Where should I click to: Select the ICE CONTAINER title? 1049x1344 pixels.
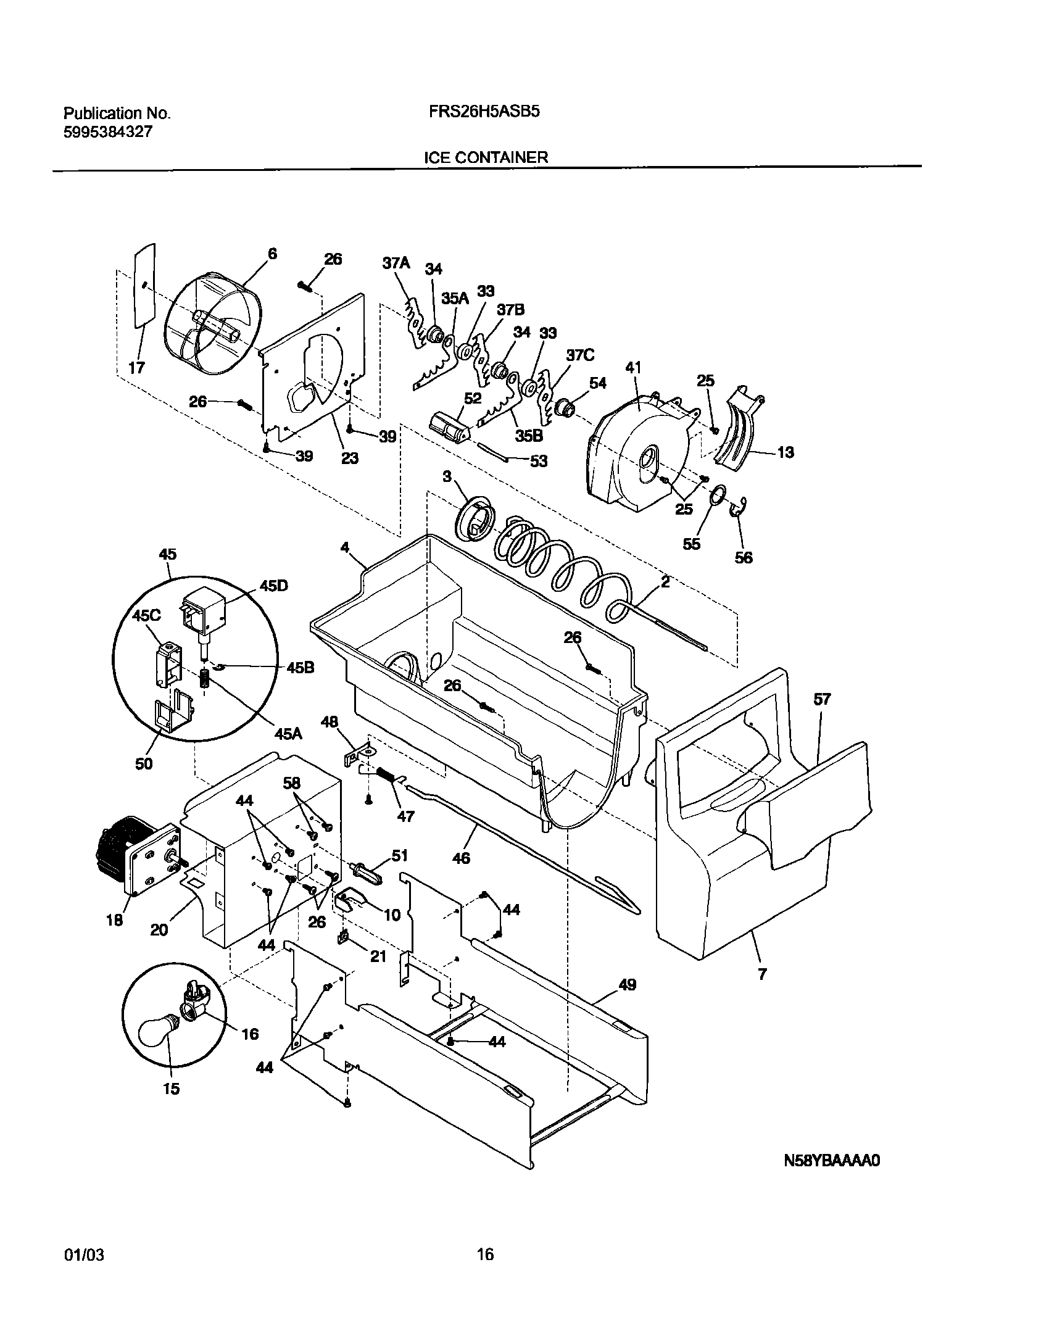pyautogui.click(x=486, y=157)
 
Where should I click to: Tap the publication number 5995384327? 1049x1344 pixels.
pyautogui.click(x=108, y=131)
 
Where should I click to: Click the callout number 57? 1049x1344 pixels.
pyautogui.click(x=822, y=699)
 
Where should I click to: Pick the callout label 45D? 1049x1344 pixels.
pyautogui.click(x=274, y=586)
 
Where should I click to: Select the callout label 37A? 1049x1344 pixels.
pyautogui.click(x=396, y=263)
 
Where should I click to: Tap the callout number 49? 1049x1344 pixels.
pyautogui.click(x=627, y=984)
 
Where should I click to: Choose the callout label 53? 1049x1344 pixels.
pyautogui.click(x=539, y=461)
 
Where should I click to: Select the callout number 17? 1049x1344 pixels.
pyautogui.click(x=136, y=368)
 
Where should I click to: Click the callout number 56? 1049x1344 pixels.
pyautogui.click(x=744, y=557)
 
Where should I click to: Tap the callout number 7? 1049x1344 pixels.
pyautogui.click(x=763, y=974)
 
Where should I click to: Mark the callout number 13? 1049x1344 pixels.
pyautogui.click(x=786, y=452)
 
